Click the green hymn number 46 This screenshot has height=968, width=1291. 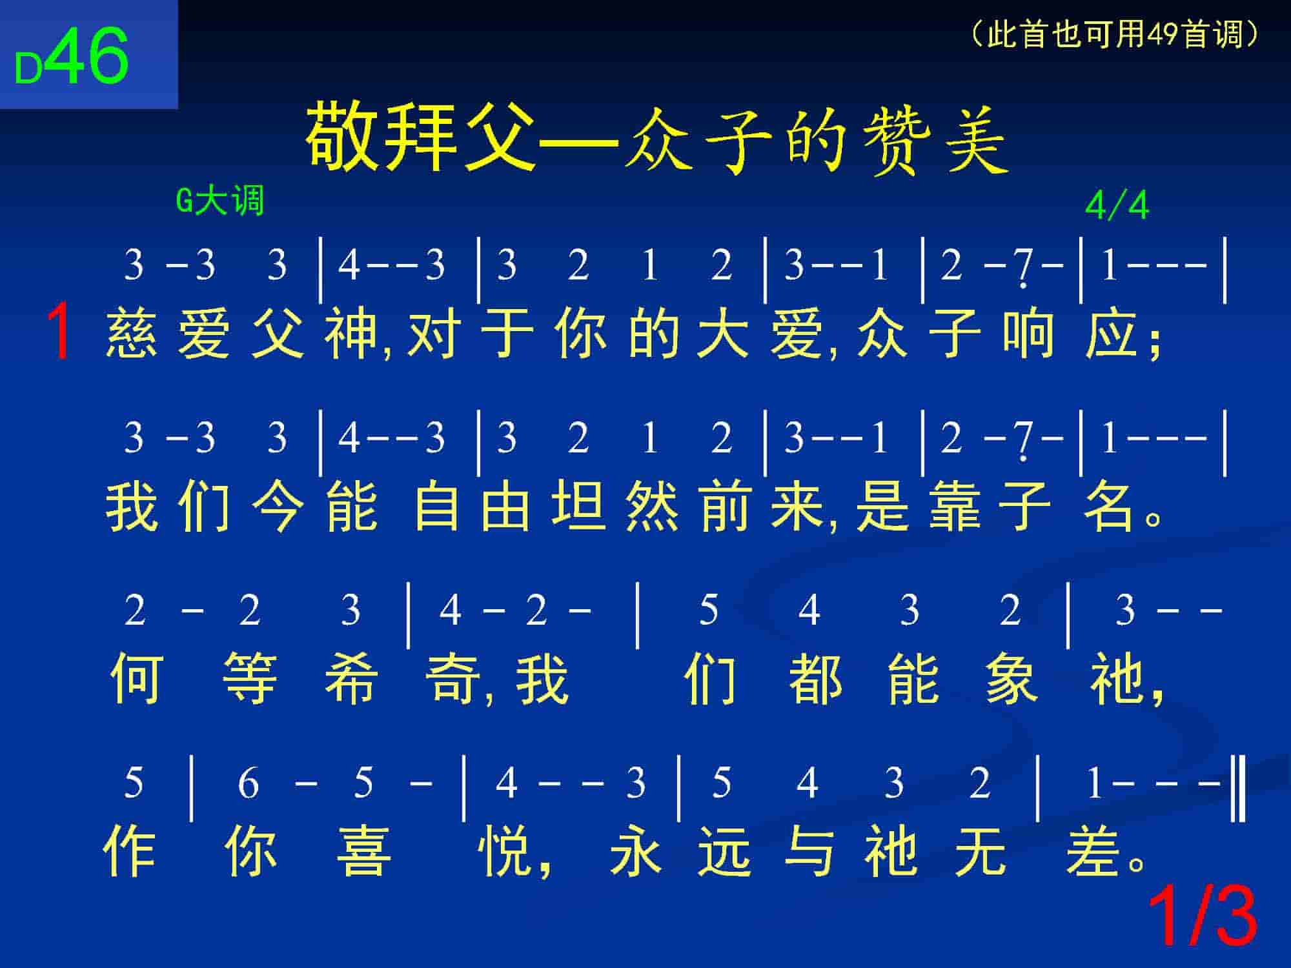point(88,55)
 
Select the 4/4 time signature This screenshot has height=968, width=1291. point(1117,207)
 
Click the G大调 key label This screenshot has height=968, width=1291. point(220,201)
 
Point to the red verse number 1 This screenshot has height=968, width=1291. point(60,332)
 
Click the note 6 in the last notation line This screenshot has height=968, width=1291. point(249,783)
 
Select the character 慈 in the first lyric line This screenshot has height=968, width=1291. point(132,334)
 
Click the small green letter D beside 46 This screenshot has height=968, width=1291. point(28,68)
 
